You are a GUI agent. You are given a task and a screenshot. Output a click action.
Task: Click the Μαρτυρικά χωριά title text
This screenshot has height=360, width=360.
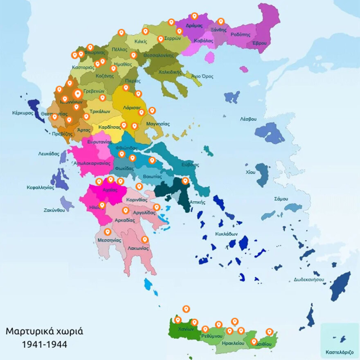tap(44, 331)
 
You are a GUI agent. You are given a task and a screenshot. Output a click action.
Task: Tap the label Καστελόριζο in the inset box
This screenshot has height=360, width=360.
tap(340, 352)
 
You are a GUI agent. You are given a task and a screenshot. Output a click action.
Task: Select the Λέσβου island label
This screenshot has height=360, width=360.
tap(248, 119)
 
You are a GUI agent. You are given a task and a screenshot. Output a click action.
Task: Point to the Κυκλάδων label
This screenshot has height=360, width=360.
tap(226, 234)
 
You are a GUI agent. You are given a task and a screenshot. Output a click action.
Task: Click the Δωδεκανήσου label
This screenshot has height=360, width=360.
tap(309, 280)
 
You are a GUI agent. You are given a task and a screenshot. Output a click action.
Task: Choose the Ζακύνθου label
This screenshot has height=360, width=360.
tap(54, 210)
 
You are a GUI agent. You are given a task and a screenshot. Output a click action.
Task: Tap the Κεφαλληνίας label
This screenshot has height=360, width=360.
tap(40, 187)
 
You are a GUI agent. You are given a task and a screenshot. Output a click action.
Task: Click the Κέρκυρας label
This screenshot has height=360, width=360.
tap(23, 113)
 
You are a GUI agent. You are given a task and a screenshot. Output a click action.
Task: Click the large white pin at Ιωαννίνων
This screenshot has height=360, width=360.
tap(78, 95)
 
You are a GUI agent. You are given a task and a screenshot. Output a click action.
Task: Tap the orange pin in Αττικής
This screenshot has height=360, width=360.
tap(185, 180)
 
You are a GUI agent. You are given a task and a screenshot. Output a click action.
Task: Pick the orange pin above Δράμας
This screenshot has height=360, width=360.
tap(195, 16)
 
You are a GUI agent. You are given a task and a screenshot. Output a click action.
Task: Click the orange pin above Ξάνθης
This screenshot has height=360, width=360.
tap(221, 21)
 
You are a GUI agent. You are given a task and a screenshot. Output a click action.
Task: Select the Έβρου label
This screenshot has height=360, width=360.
tap(259, 43)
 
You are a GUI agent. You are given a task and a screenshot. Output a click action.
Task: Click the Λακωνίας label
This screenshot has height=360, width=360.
tap(137, 248)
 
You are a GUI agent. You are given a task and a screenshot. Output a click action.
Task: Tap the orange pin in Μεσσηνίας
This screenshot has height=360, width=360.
tap(108, 232)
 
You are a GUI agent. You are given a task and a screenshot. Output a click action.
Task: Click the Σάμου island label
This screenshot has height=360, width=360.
tap(281, 199)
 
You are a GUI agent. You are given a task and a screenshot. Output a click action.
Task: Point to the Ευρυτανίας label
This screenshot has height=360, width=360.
tap(97, 142)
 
